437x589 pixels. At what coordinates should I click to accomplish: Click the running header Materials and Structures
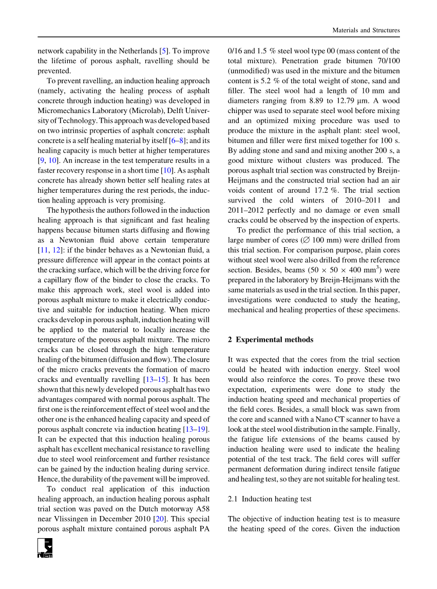click(x=366, y=30)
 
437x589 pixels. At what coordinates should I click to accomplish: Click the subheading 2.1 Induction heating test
click(x=270, y=499)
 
